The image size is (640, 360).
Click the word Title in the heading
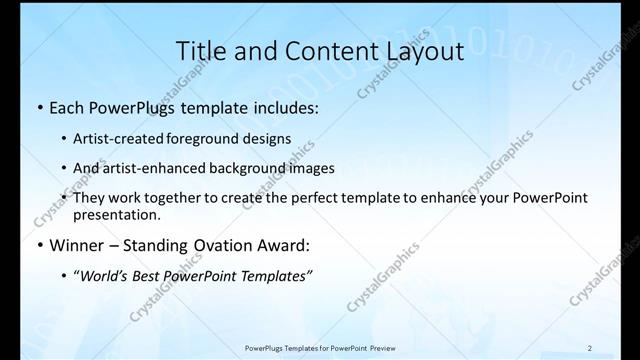203,50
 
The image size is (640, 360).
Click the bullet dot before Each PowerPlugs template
39,108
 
